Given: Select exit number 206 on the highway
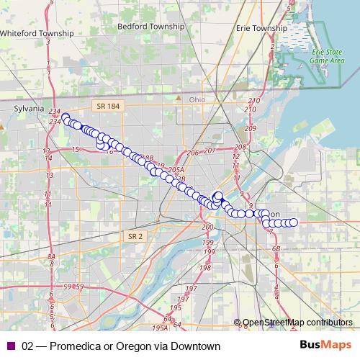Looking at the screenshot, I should point(192,153).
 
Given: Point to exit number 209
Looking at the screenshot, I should point(250,128).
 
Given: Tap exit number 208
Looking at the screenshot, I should point(240,147).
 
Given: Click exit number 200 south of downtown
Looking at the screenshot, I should point(208,228).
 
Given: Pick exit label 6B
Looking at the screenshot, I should point(276,248).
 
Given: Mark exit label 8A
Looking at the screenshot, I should point(51,257).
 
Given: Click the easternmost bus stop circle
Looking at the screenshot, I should point(294,222).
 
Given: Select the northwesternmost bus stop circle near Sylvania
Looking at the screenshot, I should point(65,117).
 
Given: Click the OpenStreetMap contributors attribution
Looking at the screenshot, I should point(297,323).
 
